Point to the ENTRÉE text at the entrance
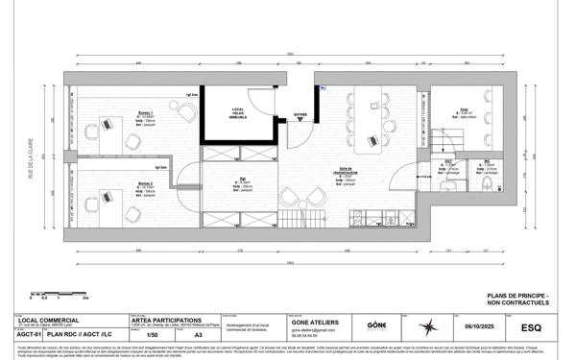300,112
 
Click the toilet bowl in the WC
488,181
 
